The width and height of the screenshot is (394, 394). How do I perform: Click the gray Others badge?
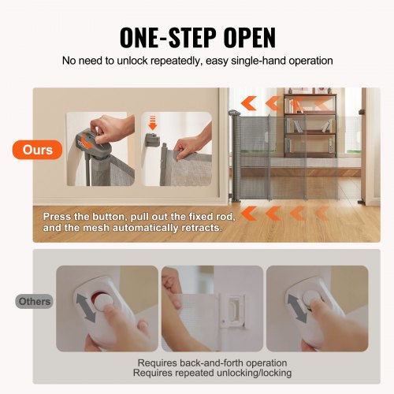tap(35, 301)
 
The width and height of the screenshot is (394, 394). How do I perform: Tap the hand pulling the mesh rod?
tap(187, 146)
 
